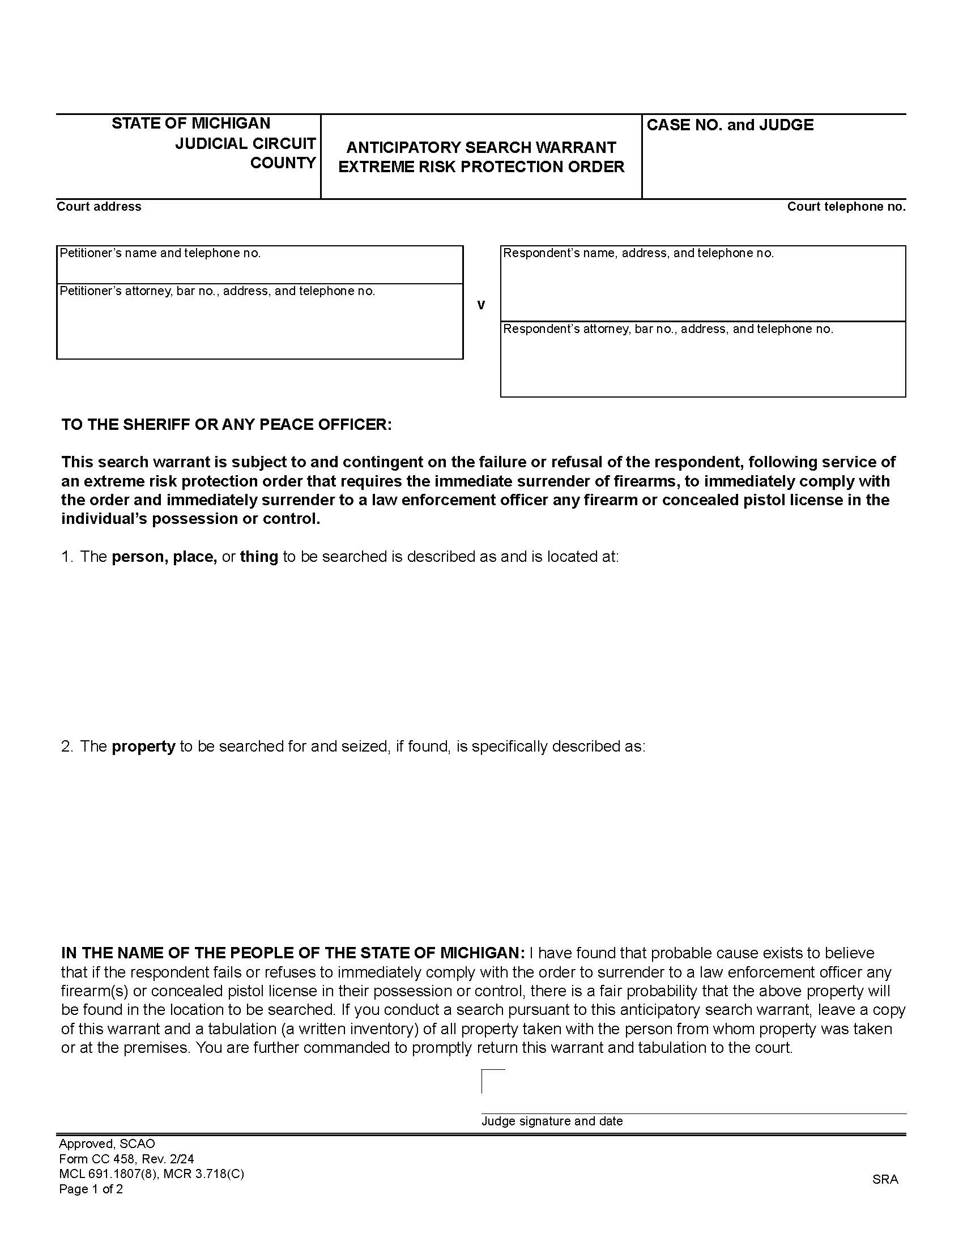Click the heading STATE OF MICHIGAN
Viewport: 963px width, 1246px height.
190,123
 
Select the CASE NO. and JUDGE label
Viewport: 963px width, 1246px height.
730,125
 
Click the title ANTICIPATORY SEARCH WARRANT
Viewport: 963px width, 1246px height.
481,147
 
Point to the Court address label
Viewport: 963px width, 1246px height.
99,207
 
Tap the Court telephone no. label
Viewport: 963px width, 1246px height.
846,207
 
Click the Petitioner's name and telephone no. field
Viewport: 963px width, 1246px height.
259,266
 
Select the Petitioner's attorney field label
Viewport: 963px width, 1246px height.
218,291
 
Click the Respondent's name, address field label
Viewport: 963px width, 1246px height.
638,253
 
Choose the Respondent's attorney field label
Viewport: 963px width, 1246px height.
668,328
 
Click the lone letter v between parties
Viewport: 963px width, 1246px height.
481,305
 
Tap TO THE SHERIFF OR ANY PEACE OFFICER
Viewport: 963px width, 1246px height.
227,424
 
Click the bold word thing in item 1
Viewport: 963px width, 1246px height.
258,557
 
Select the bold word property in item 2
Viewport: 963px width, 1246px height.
143,746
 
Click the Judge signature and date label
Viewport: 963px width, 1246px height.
552,1121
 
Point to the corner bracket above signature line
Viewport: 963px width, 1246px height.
492,1081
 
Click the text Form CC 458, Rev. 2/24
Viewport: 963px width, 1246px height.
126,1159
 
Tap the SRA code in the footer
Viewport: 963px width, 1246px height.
885,1179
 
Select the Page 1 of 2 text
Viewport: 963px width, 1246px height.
91,1189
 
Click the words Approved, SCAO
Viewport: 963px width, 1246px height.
106,1143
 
